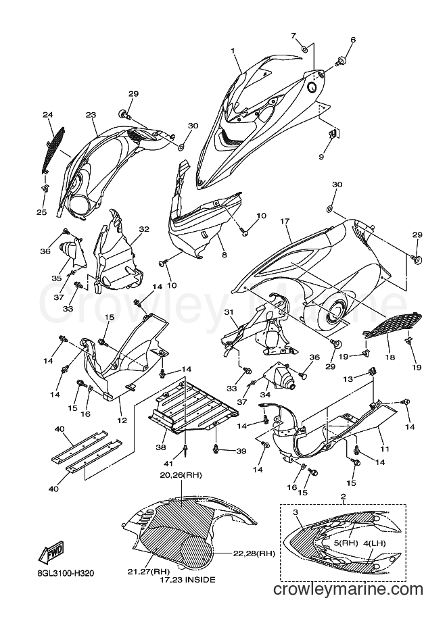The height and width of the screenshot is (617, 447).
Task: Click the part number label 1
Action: coord(233,51)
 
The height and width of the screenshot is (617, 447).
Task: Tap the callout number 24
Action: coord(47,115)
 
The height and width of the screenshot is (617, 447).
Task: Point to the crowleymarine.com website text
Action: coord(348,589)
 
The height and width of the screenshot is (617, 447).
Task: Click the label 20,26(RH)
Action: coord(181,475)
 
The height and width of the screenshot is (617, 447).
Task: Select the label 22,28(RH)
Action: coord(254,553)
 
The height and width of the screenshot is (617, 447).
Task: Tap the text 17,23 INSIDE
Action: coord(187,580)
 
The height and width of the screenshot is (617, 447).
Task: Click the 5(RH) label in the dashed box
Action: coord(346,543)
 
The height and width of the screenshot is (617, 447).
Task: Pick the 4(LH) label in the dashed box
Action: coord(375,543)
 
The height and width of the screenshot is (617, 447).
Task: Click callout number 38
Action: coord(161,447)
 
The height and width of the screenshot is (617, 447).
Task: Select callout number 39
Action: coord(241,451)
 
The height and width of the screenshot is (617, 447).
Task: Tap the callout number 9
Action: coord(321,157)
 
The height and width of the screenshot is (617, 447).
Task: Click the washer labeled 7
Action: coord(304,49)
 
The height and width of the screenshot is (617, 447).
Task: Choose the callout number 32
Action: coord(144,229)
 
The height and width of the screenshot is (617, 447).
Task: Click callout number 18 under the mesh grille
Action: coord(391,357)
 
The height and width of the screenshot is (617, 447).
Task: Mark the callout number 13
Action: coord(348,379)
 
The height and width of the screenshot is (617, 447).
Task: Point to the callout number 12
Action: coord(122,420)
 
